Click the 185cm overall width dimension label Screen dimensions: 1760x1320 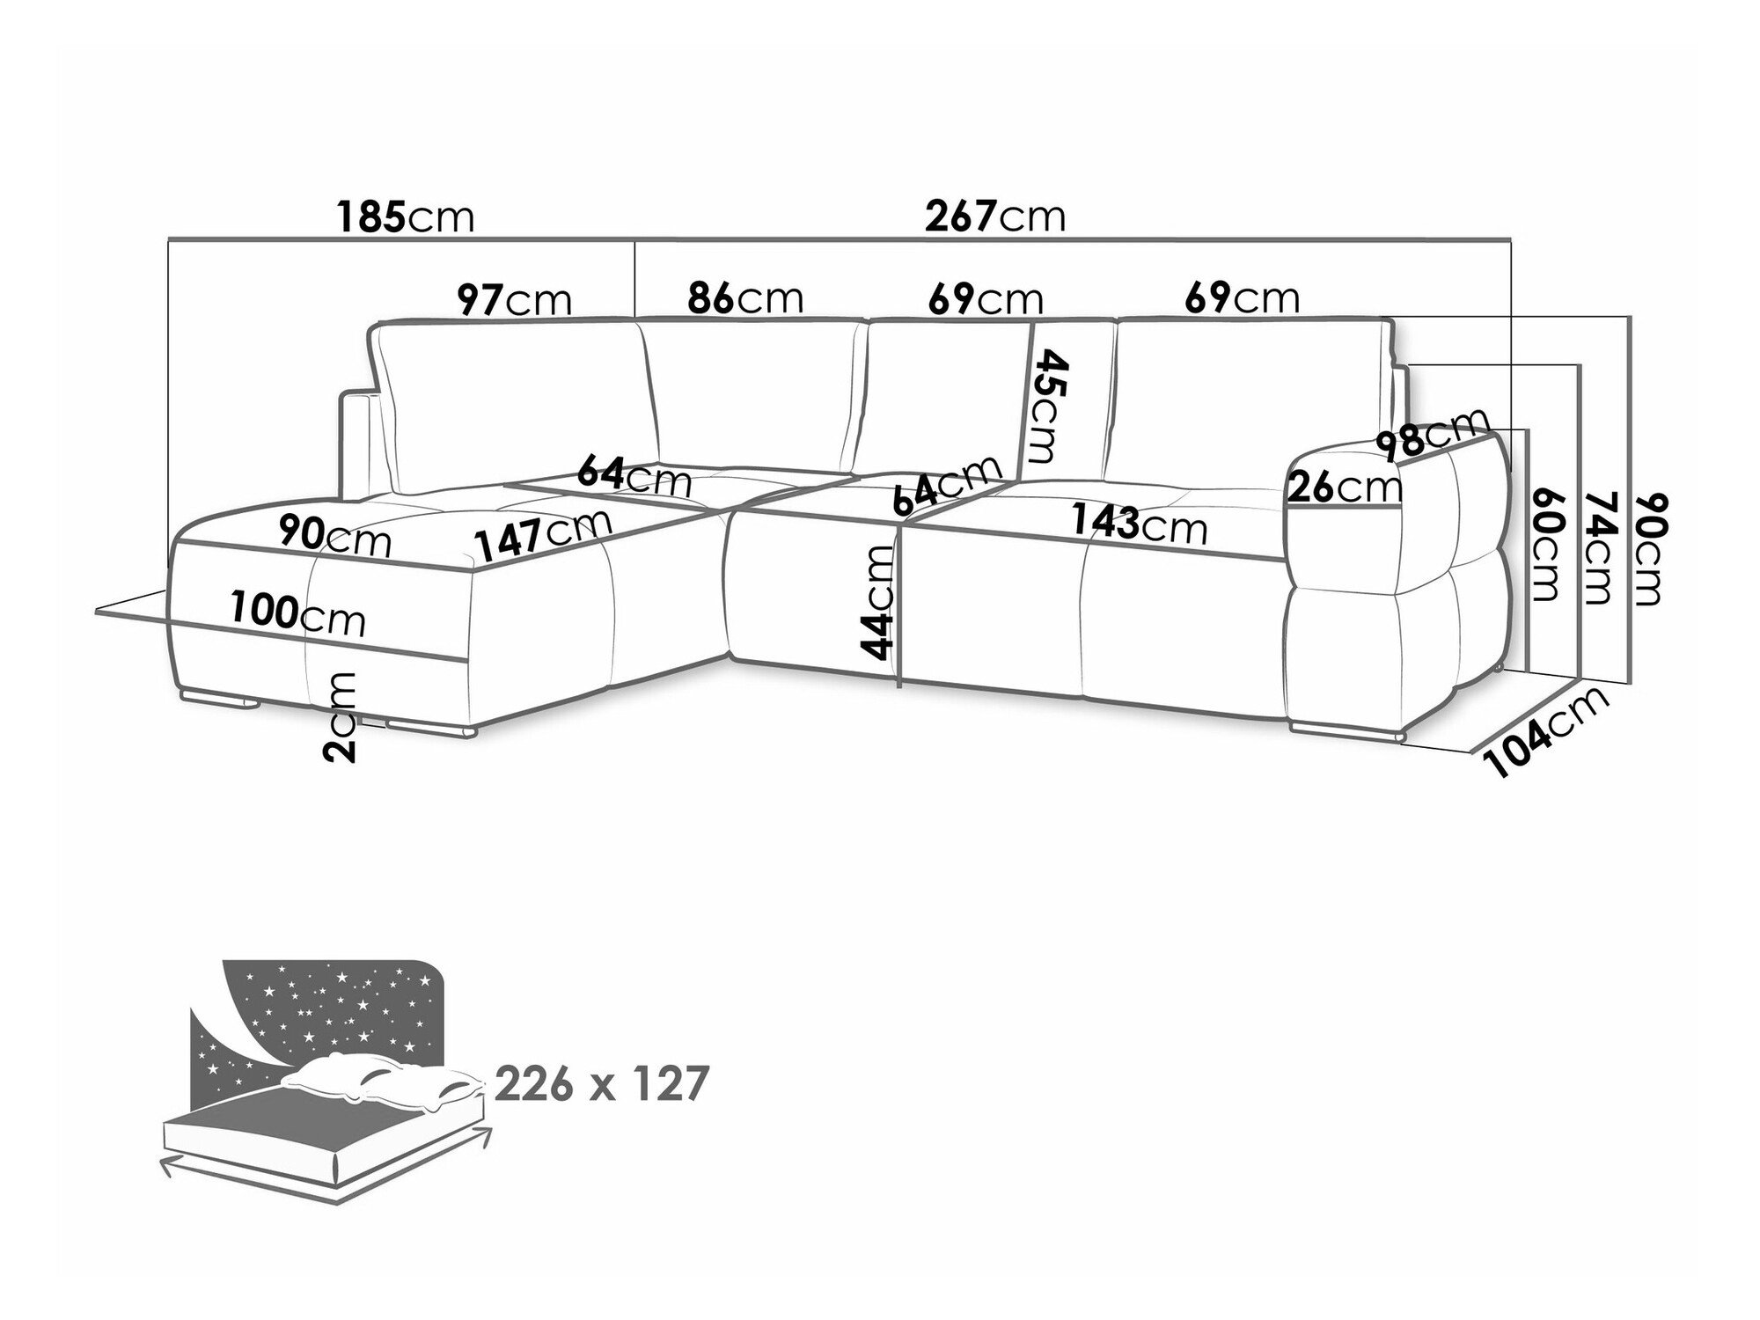coord(406,216)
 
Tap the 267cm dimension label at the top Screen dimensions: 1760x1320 coord(995,216)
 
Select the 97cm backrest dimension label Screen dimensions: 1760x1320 coord(515,299)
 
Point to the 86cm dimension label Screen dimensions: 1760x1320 coord(745,297)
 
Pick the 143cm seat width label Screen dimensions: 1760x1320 coord(1140,524)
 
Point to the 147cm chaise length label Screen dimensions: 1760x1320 coord(542,535)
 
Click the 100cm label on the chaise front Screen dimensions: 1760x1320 coord(298,613)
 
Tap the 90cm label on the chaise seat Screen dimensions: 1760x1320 coord(334,536)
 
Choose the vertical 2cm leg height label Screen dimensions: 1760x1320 coord(339,715)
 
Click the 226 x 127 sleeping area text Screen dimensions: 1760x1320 coord(601,1084)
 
